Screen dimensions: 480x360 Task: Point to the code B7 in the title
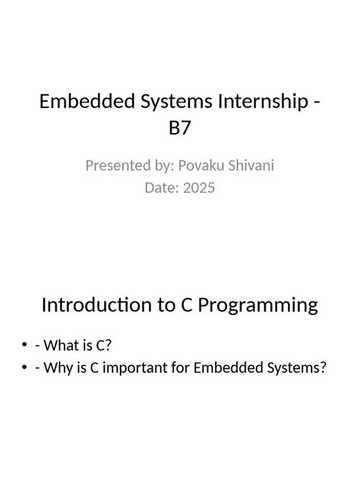tap(180, 128)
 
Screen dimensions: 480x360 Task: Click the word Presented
tap(117, 166)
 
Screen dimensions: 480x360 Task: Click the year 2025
tap(198, 187)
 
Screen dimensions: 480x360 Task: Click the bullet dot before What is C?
tap(25, 346)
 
